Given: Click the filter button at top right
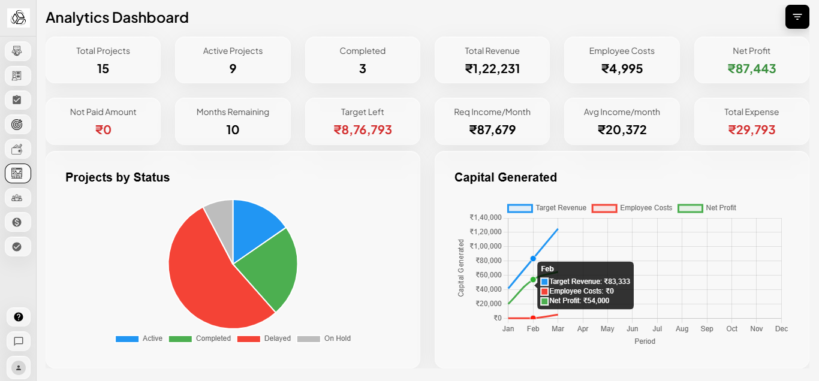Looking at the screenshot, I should [797, 17].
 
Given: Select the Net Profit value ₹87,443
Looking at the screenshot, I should [751, 69].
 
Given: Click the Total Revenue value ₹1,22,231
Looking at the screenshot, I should [492, 69].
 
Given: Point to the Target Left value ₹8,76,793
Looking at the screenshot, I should [362, 130].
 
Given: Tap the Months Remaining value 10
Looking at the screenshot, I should [233, 130].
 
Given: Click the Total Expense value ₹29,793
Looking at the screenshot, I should [751, 130].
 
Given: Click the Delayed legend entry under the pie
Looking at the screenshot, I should [264, 338].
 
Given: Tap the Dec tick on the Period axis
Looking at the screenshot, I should [781, 329].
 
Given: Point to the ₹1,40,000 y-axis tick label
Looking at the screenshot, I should [485, 217].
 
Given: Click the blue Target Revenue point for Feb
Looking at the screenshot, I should [533, 259].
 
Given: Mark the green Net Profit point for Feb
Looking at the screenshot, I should [533, 280].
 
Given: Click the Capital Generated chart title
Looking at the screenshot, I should [505, 177].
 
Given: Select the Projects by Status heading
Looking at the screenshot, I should [118, 177].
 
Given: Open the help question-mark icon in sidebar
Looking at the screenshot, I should [19, 317].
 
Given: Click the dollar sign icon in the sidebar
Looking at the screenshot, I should [17, 222].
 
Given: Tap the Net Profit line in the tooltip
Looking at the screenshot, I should [579, 301].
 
